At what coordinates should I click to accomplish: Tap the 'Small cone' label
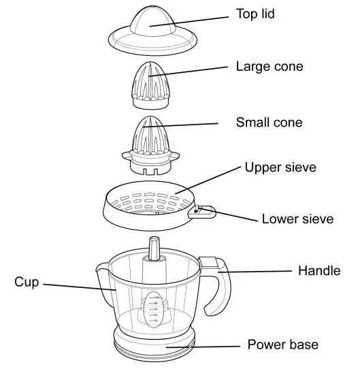269,123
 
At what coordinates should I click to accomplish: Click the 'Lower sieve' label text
297,219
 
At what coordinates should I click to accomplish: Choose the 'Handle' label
319,271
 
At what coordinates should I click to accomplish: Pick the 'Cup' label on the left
27,281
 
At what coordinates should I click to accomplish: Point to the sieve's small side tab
202,212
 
